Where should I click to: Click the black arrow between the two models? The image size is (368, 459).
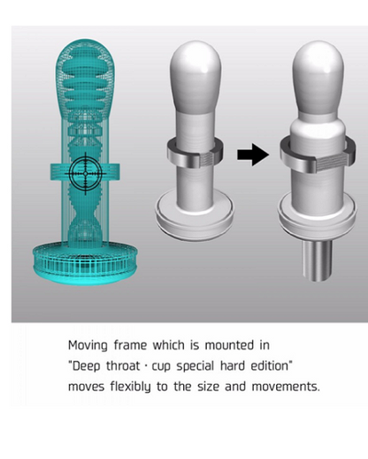click(253, 154)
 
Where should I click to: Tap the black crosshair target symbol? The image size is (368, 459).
click(86, 174)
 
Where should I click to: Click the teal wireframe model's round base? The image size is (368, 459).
click(85, 263)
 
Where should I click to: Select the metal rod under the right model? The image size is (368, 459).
click(317, 260)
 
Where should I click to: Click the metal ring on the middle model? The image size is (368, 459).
click(195, 154)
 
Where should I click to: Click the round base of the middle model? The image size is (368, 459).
click(194, 215)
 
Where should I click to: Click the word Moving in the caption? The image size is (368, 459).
click(88, 345)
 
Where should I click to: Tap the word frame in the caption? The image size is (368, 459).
click(130, 345)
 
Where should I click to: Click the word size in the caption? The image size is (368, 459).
click(208, 387)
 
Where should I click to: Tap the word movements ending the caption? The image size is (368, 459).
click(286, 387)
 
